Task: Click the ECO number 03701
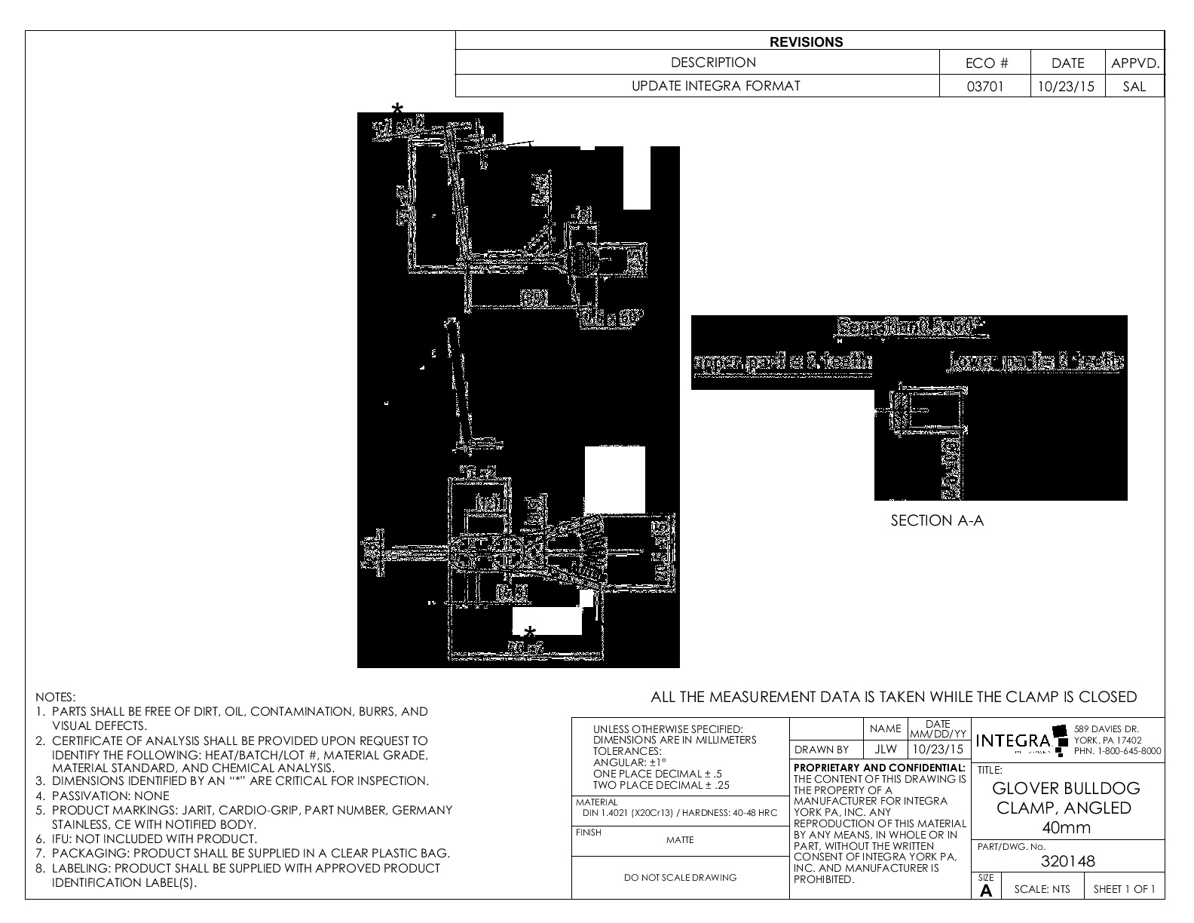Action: coord(985,86)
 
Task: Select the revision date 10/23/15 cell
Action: coord(1066,86)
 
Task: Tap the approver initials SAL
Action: coord(1134,86)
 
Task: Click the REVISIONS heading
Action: coord(806,42)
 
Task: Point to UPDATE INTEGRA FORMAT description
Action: coord(715,86)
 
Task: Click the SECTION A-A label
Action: coord(937,520)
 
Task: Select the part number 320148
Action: coord(1067,861)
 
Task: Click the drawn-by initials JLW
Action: coord(886,750)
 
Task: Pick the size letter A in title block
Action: coord(986,890)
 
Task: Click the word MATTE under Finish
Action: coord(680,840)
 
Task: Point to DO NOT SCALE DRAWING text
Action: coord(680,877)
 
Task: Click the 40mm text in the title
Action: coord(1065,827)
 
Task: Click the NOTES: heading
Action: coord(56,698)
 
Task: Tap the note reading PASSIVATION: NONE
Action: coord(111,796)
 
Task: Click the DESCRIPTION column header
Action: coord(713,63)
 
